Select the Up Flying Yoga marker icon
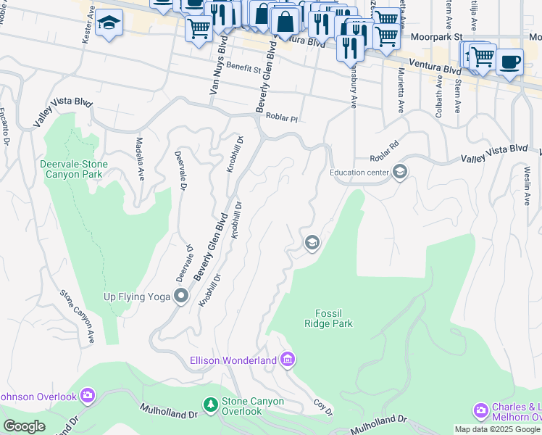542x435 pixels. pos(180,296)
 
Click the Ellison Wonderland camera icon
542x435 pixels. pos(287,360)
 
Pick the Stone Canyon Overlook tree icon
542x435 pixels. pos(210,403)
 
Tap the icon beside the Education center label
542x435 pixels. pos(400,173)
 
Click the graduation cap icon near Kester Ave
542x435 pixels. pos(109,23)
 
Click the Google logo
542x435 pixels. pos(24,426)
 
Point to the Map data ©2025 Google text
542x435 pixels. pos(497,430)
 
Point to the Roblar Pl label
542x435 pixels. pos(282,117)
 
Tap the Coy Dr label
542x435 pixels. pos(323,407)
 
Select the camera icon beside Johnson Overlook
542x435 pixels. pos(88,396)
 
